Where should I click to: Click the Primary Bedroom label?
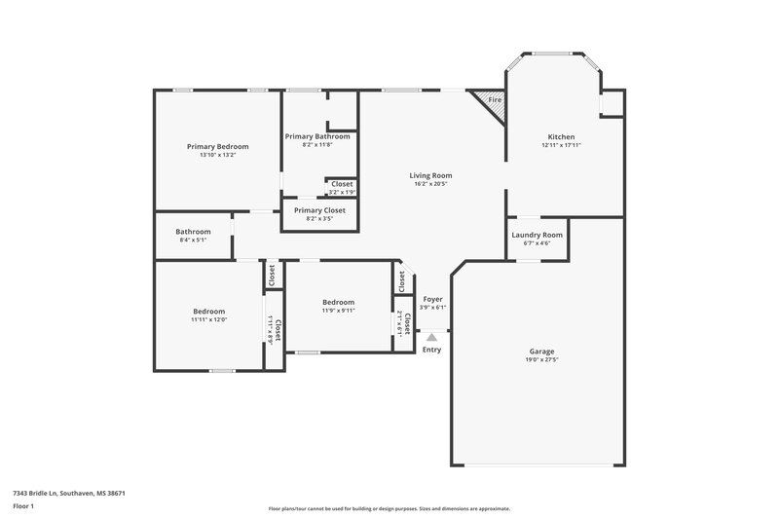[x=218, y=146]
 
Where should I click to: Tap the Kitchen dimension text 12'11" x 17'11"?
[x=561, y=145]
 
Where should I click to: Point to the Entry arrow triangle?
[x=431, y=337]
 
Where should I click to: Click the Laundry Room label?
[x=538, y=235]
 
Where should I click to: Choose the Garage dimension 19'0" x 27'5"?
[x=542, y=359]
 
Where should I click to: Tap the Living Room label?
[x=430, y=175]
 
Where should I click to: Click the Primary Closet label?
[x=319, y=209]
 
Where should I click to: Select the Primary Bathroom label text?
[x=317, y=136]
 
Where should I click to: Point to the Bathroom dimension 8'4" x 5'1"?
[x=193, y=241]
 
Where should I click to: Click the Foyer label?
[x=432, y=299]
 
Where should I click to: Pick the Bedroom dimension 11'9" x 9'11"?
[x=339, y=311]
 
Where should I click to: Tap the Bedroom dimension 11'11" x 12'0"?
[x=208, y=319]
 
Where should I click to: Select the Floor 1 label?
[x=23, y=507]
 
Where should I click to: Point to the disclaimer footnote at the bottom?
[x=389, y=508]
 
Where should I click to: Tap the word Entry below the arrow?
[x=431, y=350]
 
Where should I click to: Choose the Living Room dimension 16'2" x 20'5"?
[x=430, y=184]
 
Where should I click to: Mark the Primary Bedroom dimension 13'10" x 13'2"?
[x=218, y=155]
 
